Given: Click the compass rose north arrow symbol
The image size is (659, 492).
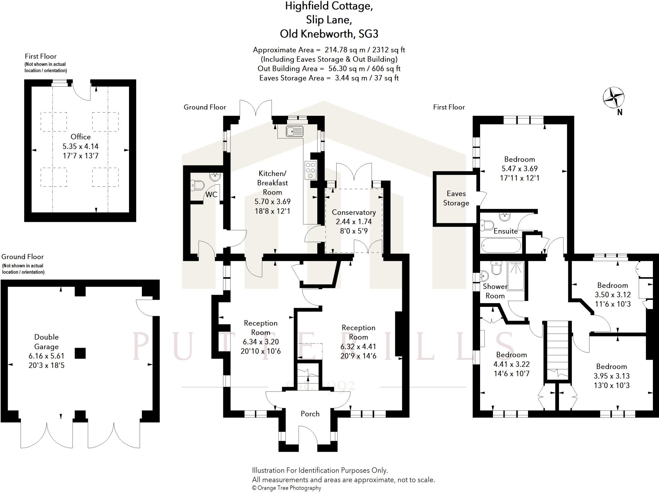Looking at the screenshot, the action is (x=613, y=97).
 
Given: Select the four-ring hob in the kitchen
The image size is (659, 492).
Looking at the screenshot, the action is (x=311, y=170).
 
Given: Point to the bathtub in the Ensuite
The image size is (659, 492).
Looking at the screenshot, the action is (x=501, y=246).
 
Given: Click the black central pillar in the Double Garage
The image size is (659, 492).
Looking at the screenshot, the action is (x=80, y=353).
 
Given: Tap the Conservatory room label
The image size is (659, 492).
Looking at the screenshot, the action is (x=354, y=213).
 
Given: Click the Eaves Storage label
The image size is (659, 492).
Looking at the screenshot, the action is (x=456, y=198).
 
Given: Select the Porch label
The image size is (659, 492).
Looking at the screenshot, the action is (x=310, y=414).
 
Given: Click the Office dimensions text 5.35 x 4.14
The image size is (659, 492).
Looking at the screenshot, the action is (x=80, y=147).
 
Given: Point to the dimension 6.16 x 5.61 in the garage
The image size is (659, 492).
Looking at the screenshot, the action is (x=46, y=356).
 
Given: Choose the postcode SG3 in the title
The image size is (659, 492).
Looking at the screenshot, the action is (x=368, y=34).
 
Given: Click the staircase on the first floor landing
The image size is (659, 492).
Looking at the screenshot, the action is (x=558, y=348).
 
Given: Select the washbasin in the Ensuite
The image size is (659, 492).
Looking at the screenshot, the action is (x=505, y=216).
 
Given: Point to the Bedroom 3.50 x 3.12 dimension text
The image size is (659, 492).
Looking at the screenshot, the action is (x=613, y=295).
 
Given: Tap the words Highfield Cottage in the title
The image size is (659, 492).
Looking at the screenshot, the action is (x=329, y=6).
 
